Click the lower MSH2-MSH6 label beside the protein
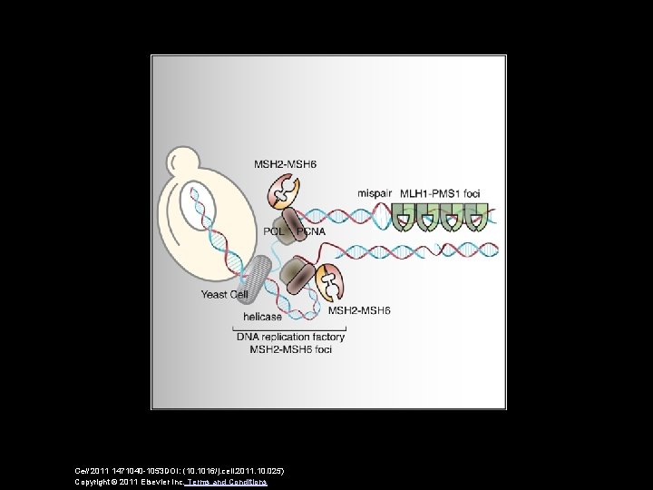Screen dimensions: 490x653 [359, 310]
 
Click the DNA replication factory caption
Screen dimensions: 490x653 [290, 338]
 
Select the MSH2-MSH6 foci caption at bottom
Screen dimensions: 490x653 [290, 350]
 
